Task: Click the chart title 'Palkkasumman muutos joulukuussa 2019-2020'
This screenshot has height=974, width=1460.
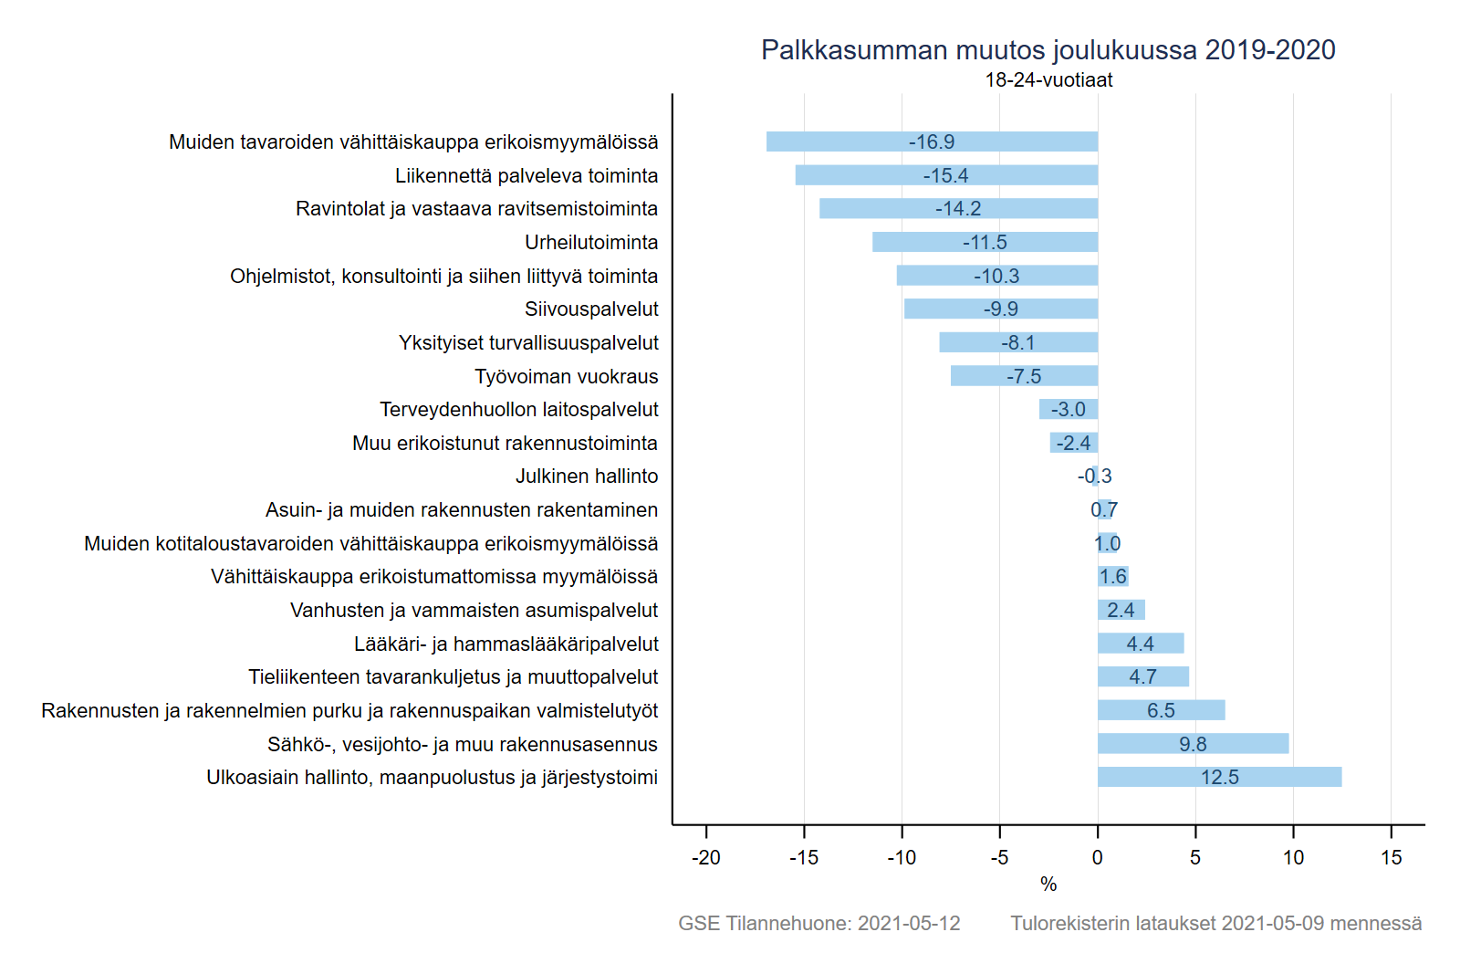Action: [x=1048, y=50]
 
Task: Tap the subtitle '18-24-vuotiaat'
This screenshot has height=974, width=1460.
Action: [x=1048, y=80]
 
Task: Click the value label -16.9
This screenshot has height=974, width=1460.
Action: [x=931, y=142]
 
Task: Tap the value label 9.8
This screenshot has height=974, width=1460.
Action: [x=1193, y=744]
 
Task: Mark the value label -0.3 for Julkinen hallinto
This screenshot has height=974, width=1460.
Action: [x=1094, y=477]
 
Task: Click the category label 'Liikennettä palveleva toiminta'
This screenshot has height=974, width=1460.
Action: [x=527, y=175]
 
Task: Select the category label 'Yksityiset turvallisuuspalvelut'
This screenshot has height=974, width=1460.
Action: [x=528, y=342]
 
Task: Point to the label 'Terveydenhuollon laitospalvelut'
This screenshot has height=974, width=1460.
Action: [x=519, y=409]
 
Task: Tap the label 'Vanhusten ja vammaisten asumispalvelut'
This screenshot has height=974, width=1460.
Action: [x=474, y=610]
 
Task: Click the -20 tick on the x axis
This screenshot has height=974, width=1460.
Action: [x=705, y=857]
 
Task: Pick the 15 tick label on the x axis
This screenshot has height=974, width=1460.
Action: [x=1391, y=857]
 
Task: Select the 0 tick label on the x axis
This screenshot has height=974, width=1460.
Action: [x=1097, y=857]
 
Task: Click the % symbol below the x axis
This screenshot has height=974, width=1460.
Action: [x=1048, y=884]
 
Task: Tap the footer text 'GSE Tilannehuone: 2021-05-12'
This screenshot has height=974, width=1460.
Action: [x=819, y=923]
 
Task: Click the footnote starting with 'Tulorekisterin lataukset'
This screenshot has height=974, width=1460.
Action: [x=1215, y=923]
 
